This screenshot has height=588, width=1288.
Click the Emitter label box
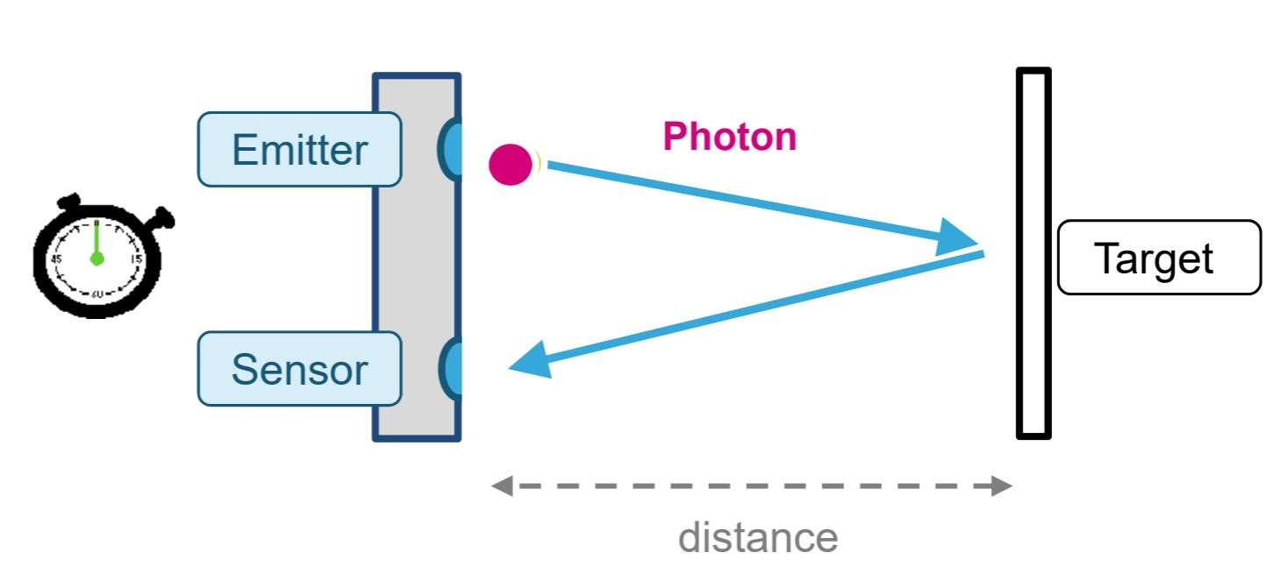(x=299, y=149)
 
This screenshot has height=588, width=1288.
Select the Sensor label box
(x=299, y=369)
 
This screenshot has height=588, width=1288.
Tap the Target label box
(x=1159, y=258)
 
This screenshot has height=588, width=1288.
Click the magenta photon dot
(x=510, y=164)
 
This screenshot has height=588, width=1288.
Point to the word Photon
(x=730, y=137)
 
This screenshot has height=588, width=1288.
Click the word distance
(x=758, y=537)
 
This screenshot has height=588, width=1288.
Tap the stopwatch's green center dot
(x=97, y=259)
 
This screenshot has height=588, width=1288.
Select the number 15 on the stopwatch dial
(x=136, y=259)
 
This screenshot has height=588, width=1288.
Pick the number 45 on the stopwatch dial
(x=56, y=259)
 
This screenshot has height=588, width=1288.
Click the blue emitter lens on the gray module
(x=449, y=148)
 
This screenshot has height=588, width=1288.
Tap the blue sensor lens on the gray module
(x=449, y=368)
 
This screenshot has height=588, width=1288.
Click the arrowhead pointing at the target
(x=955, y=237)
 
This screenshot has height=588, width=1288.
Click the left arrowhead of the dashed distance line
(x=502, y=485)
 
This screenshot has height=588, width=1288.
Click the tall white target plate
(x=1034, y=253)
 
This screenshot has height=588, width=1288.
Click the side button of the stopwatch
(x=162, y=217)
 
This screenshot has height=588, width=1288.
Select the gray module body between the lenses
(x=417, y=258)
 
